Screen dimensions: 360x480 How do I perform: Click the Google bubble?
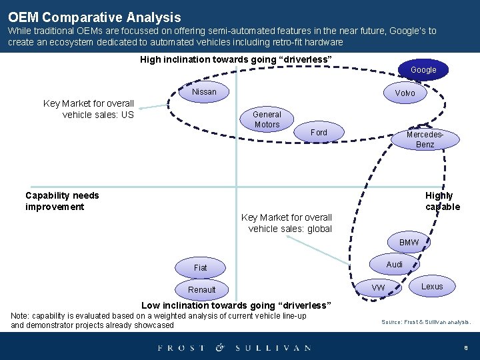tap(423, 70)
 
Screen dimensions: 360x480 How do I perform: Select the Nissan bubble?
tap(204, 92)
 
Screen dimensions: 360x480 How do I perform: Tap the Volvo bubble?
tap(405, 93)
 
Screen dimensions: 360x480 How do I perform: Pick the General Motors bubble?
tap(267, 119)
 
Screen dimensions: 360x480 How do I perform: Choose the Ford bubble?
tap(319, 133)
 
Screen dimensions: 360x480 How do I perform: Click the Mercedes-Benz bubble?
tap(425, 139)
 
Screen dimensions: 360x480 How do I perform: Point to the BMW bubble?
tap(409, 243)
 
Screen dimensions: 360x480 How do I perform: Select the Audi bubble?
tap(395, 265)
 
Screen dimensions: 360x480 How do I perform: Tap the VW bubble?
tap(378, 287)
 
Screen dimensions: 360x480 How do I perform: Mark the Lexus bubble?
tap(432, 287)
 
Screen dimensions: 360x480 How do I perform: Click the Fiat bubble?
tap(201, 267)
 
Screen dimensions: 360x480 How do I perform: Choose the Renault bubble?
tap(201, 289)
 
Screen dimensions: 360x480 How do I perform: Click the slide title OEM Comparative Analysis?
tap(95, 17)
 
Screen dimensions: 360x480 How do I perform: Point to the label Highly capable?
tap(442, 201)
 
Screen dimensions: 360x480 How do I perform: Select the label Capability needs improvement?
tap(62, 201)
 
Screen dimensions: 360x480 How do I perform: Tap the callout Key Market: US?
tap(89, 109)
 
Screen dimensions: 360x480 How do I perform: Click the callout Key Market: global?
tap(287, 223)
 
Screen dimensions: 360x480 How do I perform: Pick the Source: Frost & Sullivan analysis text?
tap(426, 322)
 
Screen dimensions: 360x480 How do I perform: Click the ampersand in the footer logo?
tap(220, 347)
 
